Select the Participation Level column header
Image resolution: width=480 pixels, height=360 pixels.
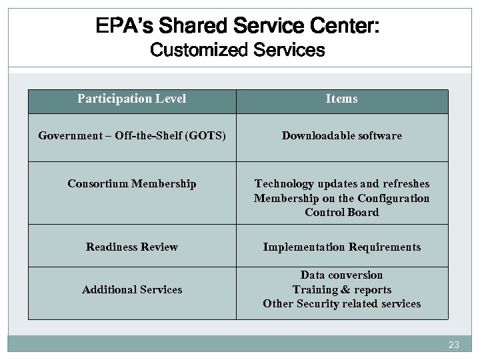point(132,99)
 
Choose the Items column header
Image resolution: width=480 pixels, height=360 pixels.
point(341,99)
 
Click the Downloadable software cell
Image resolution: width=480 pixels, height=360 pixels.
point(341,136)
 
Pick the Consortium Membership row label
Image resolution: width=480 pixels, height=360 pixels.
point(132,183)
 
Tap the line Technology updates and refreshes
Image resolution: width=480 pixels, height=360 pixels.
point(341,183)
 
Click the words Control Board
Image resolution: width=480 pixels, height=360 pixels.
point(341,213)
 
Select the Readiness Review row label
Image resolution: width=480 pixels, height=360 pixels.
point(132,247)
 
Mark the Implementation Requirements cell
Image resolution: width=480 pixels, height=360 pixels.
point(341,247)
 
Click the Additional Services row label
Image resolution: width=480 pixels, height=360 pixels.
point(132,289)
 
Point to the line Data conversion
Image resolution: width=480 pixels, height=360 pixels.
point(341,275)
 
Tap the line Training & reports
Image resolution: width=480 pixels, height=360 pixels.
point(341,289)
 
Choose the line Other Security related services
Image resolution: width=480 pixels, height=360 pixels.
point(341,304)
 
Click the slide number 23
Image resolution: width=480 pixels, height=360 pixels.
point(454,345)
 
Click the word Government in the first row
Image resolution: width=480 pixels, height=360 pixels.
point(65,136)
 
